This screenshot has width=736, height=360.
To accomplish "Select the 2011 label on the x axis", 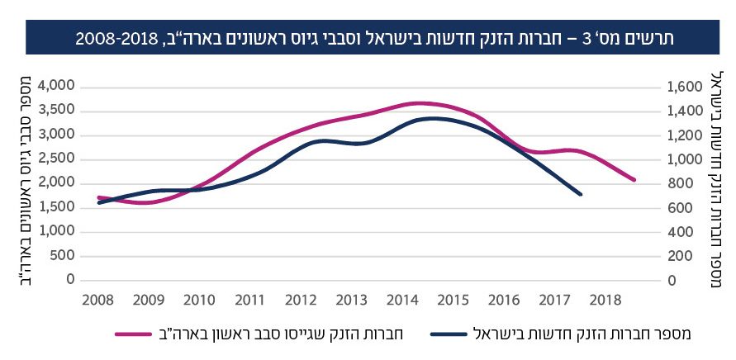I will (249, 299).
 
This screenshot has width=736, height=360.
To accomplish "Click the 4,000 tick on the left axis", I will (56, 86).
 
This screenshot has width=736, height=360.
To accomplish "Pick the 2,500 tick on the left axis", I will (56, 159).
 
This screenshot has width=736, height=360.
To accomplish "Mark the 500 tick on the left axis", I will (63, 256).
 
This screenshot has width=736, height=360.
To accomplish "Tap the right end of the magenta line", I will (634, 180).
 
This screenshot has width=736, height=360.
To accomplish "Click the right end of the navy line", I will (582, 195).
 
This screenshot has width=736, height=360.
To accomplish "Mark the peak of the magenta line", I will (420, 103).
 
